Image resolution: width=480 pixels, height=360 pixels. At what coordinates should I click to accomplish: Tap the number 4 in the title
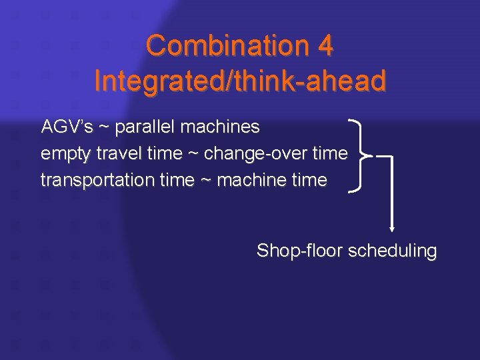pos(323,46)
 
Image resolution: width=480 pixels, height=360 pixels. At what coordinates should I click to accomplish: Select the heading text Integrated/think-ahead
pos(240,81)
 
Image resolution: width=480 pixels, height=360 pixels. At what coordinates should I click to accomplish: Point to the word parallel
pos(144,127)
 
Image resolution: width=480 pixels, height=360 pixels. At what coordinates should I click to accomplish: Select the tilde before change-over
pos(193,154)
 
